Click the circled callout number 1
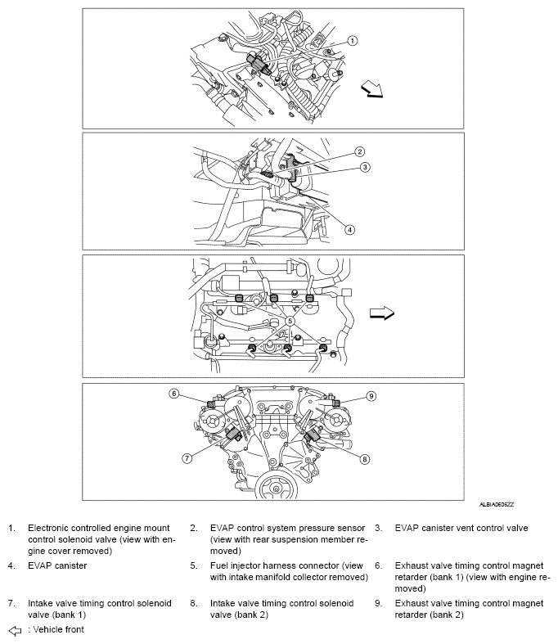click(x=353, y=40)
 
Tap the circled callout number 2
click(x=359, y=152)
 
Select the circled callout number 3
click(x=367, y=167)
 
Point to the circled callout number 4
click(x=349, y=230)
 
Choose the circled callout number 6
click(x=173, y=394)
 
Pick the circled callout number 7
click(x=187, y=458)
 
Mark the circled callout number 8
click(x=365, y=459)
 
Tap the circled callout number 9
click(x=371, y=396)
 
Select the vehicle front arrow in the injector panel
click(x=382, y=312)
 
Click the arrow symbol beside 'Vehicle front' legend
click(x=14, y=631)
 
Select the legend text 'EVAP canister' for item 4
click(x=56, y=565)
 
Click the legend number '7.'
click(x=12, y=603)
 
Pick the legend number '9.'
click(x=379, y=603)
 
